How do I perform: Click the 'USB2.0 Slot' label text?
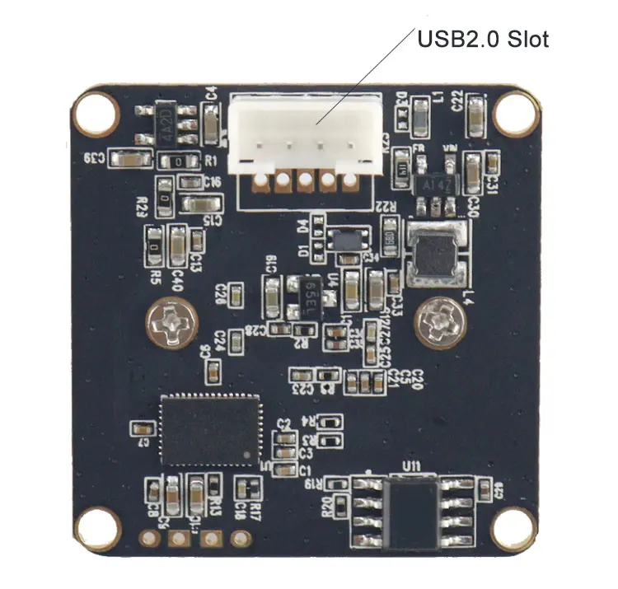tap(483, 38)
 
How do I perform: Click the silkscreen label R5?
tap(156, 274)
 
